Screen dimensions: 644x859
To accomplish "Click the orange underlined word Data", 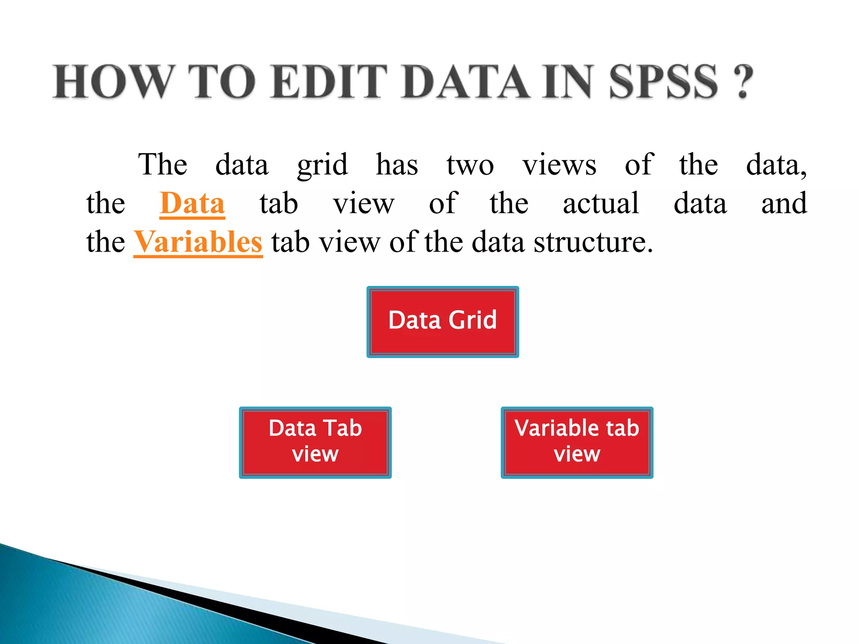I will click(x=193, y=204).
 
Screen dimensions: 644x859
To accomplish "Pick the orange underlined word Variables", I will click(x=198, y=242).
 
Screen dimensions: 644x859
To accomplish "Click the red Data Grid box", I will click(x=443, y=322).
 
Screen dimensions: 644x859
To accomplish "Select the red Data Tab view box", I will click(x=315, y=442).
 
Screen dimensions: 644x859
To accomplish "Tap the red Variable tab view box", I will click(x=577, y=442).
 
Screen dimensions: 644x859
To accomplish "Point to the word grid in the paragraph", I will click(x=322, y=165).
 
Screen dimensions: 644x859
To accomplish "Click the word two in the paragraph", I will click(x=470, y=165).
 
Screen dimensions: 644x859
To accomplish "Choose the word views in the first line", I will click(x=559, y=165).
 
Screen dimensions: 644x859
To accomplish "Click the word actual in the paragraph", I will click(x=601, y=204).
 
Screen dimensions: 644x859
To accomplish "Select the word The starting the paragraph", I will click(x=163, y=164).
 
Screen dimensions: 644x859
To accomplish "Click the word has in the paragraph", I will click(x=397, y=164).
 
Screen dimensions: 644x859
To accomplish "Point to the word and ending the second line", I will click(x=784, y=204).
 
